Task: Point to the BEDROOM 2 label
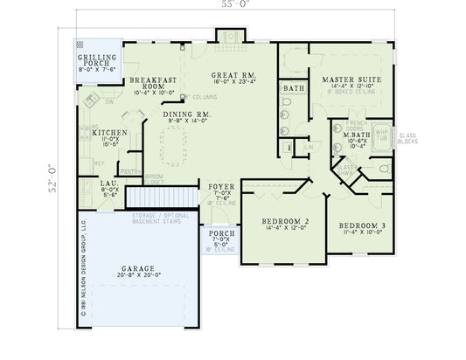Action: tap(287, 222)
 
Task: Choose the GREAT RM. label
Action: tap(234, 75)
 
